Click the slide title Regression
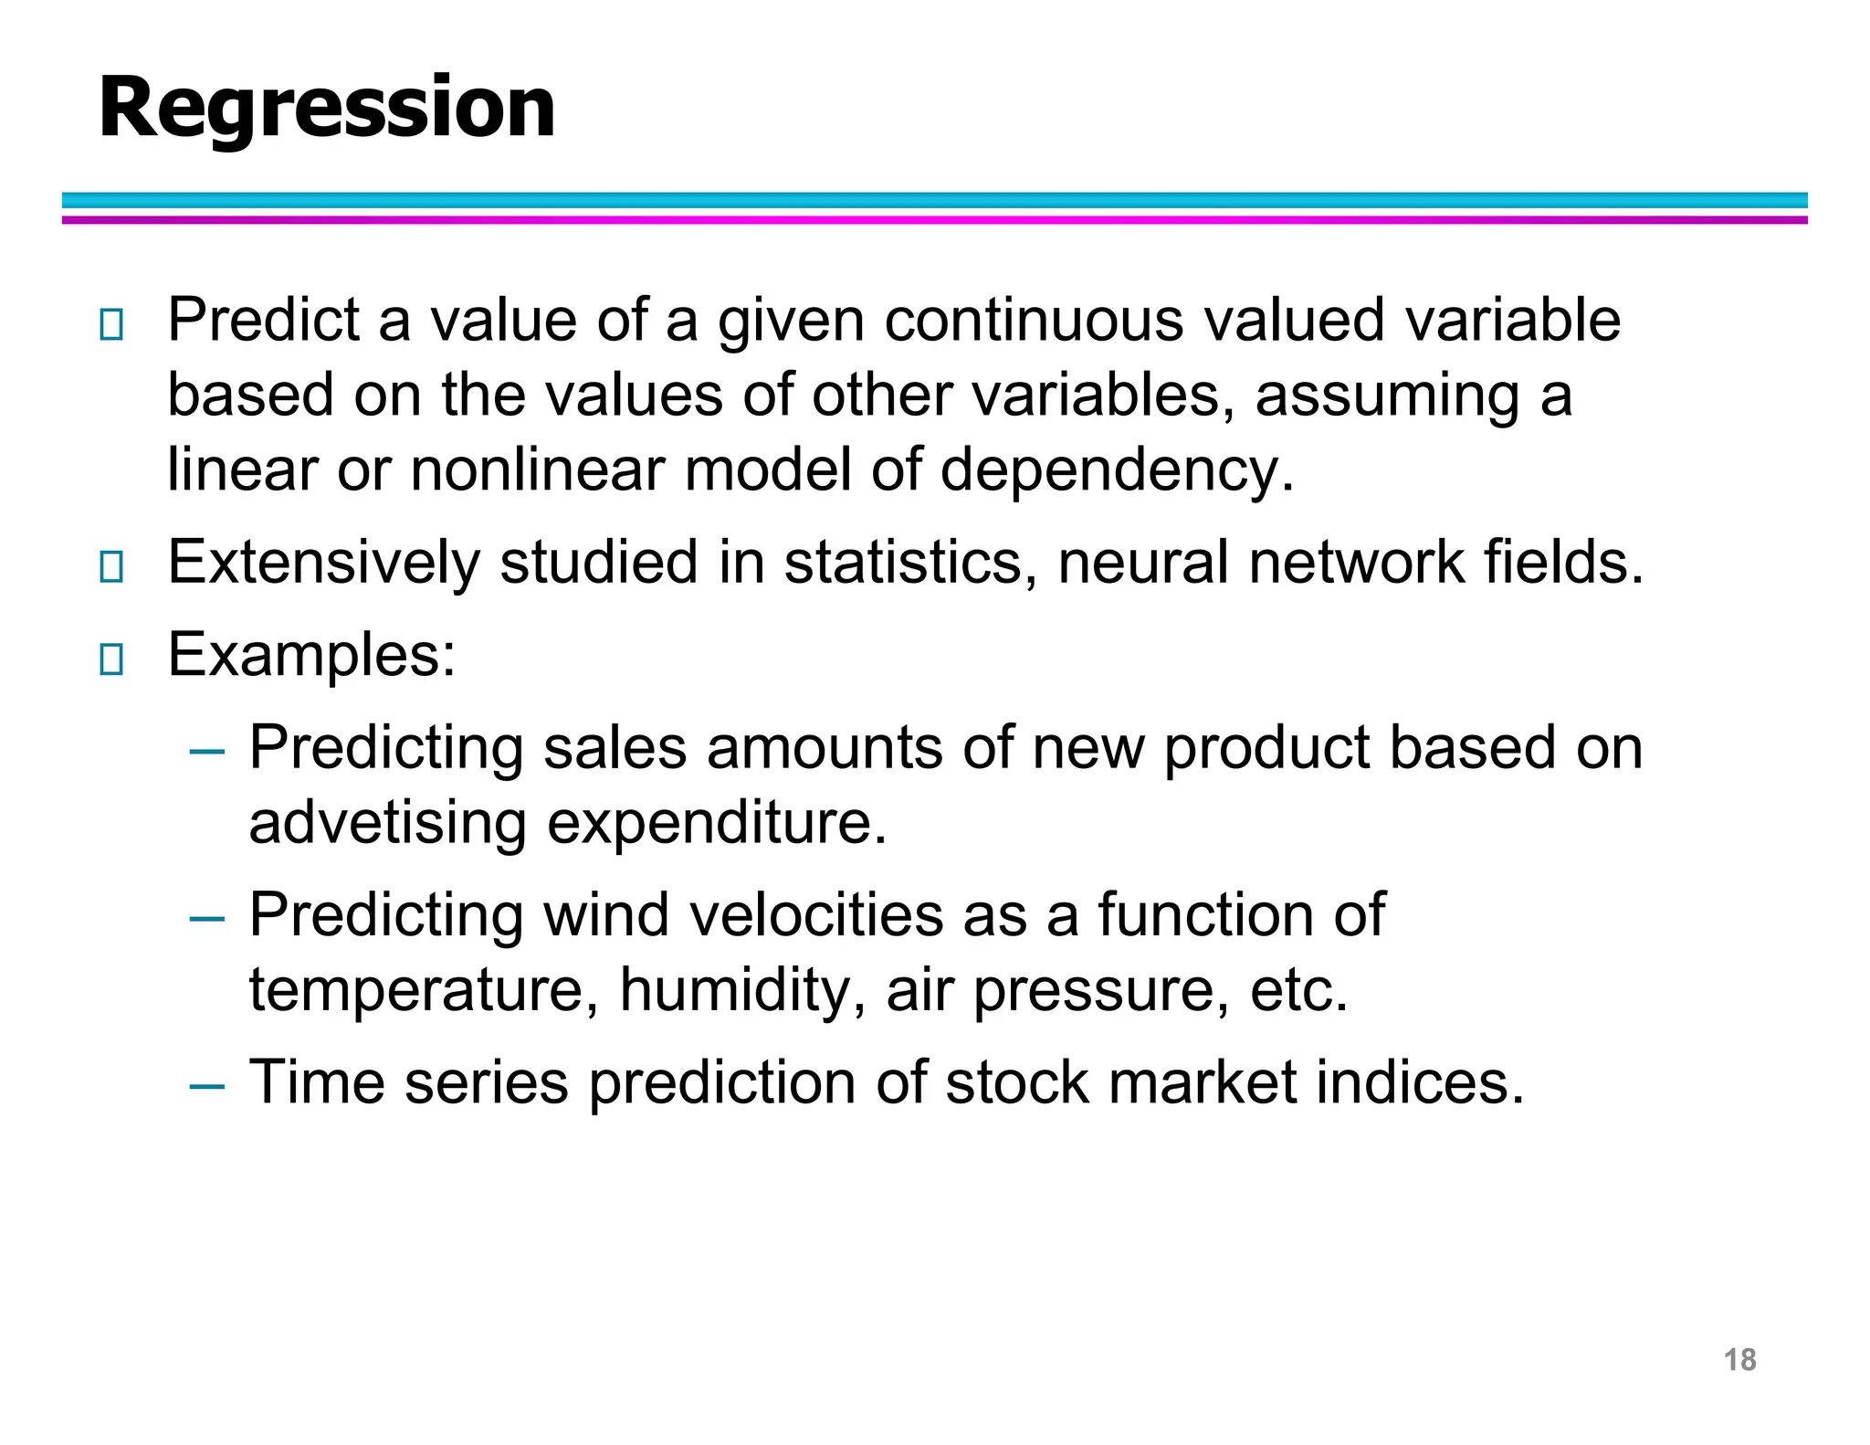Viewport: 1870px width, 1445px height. pos(326,108)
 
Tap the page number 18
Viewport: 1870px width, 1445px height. pos(1739,1360)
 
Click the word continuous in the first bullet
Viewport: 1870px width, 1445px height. pos(1033,321)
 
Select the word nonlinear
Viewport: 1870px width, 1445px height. pos(537,470)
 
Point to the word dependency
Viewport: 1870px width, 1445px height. pos(1116,470)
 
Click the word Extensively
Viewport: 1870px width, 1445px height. pos(323,563)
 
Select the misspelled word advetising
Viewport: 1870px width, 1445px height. pos(387,823)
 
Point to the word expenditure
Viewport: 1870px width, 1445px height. pos(716,823)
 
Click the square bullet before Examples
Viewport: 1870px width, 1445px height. pos(111,659)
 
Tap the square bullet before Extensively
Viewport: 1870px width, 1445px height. pos(111,566)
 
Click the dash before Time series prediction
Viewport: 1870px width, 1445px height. pos(207,1086)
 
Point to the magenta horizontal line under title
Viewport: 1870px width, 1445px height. pos(935,220)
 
